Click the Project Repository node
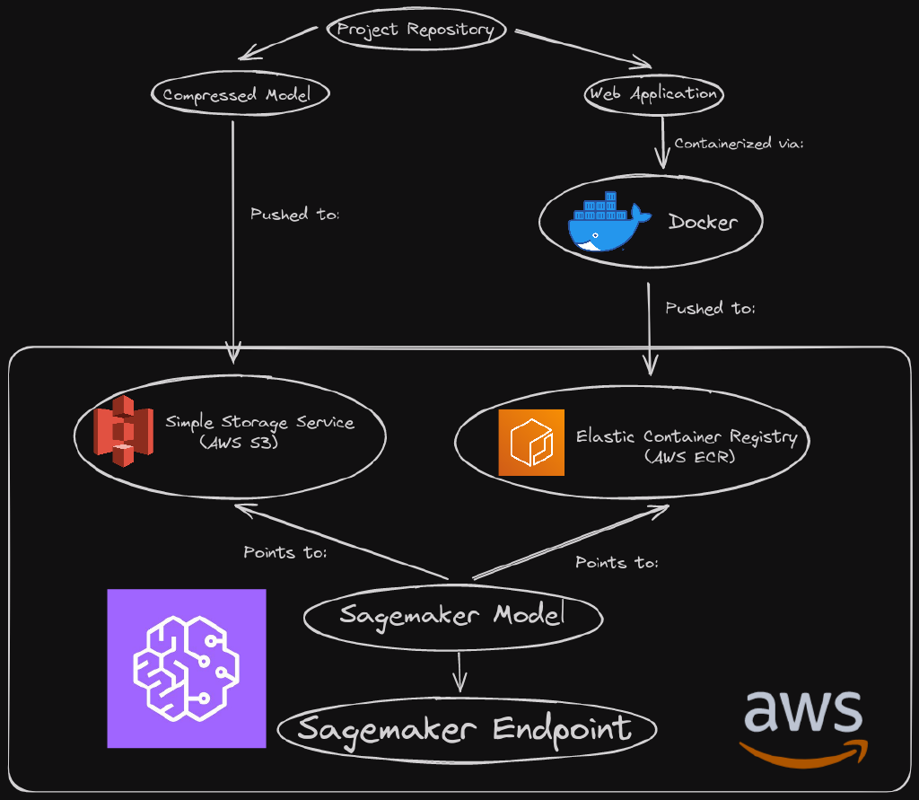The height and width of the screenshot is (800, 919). [416, 30]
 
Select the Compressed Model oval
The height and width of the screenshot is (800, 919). [240, 94]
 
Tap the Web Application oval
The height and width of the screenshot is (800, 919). [653, 93]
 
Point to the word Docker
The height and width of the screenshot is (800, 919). [703, 222]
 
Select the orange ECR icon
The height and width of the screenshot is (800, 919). [531, 442]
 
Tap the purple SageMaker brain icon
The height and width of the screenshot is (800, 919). [187, 668]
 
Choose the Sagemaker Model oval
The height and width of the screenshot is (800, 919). [452, 616]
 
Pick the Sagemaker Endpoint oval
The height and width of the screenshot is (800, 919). [466, 729]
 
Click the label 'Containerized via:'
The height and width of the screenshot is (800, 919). [739, 144]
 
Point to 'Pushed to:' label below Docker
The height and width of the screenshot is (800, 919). [710, 308]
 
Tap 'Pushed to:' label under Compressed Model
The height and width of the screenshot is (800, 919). [294, 215]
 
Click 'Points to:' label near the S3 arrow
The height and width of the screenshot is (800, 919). [284, 552]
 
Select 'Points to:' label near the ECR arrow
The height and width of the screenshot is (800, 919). [617, 563]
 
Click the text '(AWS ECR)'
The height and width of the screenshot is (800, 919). [689, 456]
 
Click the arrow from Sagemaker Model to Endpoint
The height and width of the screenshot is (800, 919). [459, 671]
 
